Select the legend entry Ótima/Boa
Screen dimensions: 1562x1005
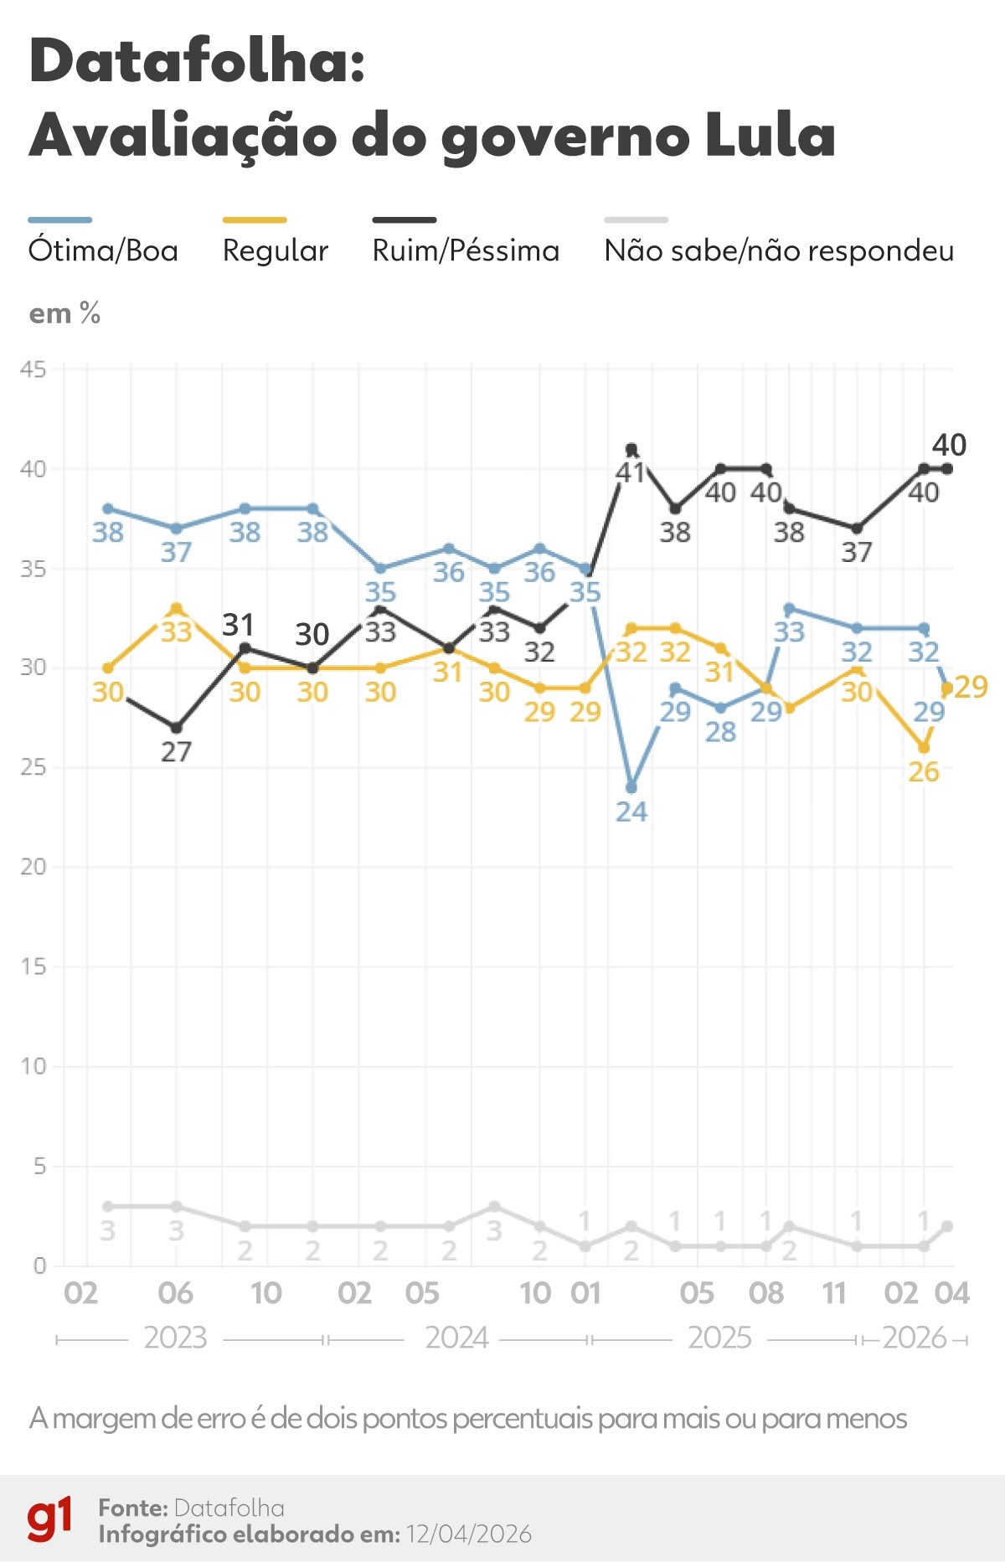pos(103,250)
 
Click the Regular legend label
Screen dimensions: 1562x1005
pos(275,250)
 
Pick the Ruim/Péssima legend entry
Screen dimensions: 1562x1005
pos(466,250)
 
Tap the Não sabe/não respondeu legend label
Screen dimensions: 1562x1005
pos(779,250)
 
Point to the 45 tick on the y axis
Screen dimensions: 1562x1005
pos(33,369)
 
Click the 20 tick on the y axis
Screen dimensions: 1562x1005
pos(33,867)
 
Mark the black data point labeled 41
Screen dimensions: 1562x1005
pos(631,450)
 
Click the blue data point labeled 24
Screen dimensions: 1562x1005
pos(631,788)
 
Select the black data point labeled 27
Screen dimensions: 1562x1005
pos(176,728)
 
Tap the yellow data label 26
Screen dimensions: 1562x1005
pos(924,771)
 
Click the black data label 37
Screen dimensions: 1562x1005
pos(857,552)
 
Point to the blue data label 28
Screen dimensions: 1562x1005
pos(720,732)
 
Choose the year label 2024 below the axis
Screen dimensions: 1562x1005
pos(456,1338)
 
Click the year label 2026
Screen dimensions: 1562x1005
pos(914,1338)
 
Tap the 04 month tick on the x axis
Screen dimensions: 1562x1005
pos(952,1294)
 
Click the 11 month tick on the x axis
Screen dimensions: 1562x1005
pos(834,1294)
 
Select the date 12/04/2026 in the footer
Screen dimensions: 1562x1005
pos(469,1534)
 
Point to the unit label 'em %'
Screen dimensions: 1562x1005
pos(64,314)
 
